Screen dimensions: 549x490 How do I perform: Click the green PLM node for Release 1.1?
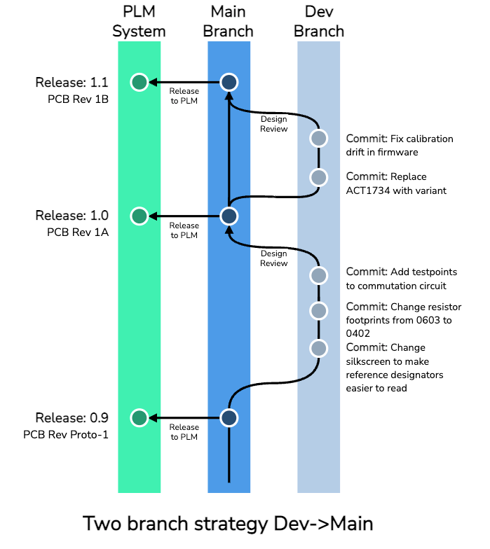(139, 82)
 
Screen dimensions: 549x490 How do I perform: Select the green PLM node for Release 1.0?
(139, 216)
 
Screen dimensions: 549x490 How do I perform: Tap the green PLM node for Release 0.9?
(139, 418)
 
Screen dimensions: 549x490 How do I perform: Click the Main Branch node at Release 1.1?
(229, 82)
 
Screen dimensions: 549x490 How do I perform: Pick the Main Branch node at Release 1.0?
(229, 216)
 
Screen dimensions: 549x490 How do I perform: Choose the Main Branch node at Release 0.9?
(229, 418)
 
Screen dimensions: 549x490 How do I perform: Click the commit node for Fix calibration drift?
(319, 139)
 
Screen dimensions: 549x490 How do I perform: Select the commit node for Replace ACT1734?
(319, 177)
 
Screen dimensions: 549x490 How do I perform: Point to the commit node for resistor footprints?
(319, 311)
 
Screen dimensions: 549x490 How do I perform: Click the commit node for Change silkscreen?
(319, 348)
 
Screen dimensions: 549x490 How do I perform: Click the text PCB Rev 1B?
(78, 99)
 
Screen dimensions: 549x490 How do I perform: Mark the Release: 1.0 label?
(72, 215)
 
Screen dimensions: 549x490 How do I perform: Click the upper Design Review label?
(274, 124)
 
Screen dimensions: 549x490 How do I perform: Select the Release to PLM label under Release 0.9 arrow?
(184, 432)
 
